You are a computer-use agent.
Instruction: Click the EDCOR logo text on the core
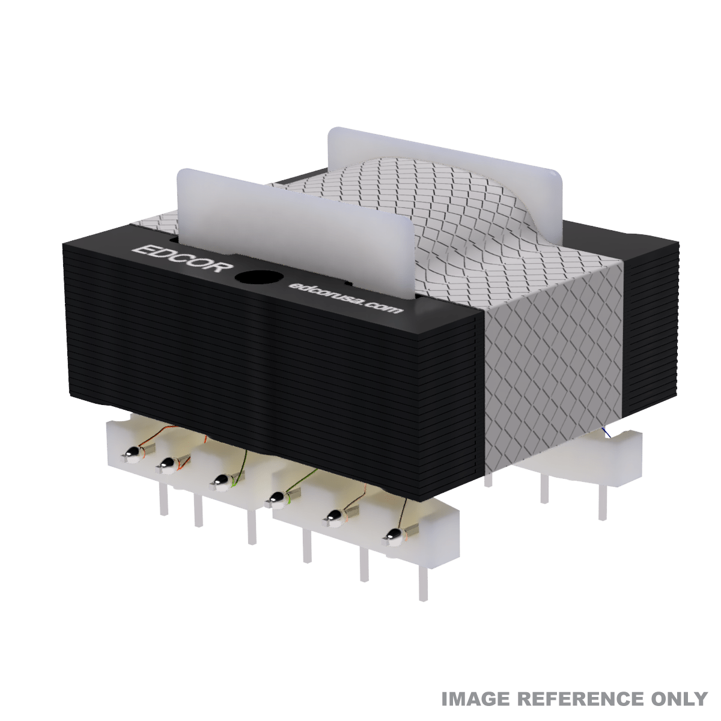(x=184, y=258)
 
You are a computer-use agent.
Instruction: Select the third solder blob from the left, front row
(x=221, y=482)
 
